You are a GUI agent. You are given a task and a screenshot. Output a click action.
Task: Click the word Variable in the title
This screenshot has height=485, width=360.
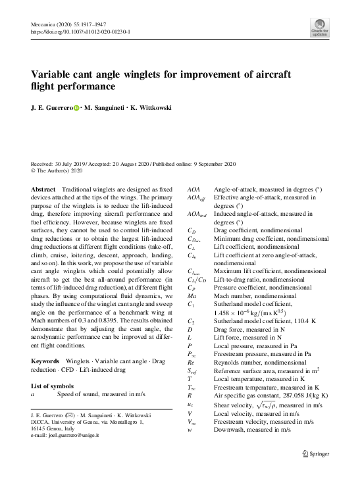(x=53, y=74)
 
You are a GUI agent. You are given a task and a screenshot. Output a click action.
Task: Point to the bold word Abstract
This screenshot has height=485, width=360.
(x=43, y=190)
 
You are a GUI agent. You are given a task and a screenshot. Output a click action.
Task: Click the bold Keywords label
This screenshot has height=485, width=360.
(x=46, y=362)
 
